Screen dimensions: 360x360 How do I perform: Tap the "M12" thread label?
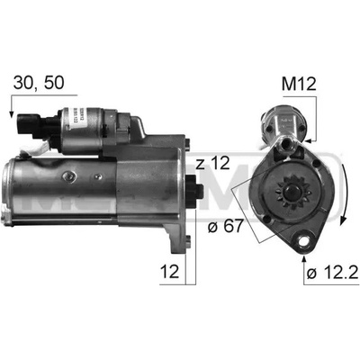(299, 85)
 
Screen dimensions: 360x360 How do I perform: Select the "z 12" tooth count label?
(212, 163)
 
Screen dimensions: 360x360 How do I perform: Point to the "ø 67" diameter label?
(225, 226)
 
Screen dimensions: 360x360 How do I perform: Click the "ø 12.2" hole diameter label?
(332, 273)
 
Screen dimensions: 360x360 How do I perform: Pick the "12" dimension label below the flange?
(169, 271)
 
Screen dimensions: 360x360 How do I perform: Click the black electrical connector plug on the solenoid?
(30, 125)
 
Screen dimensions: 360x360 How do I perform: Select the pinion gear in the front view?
(291, 193)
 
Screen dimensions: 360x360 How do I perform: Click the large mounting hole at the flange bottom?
(303, 240)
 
